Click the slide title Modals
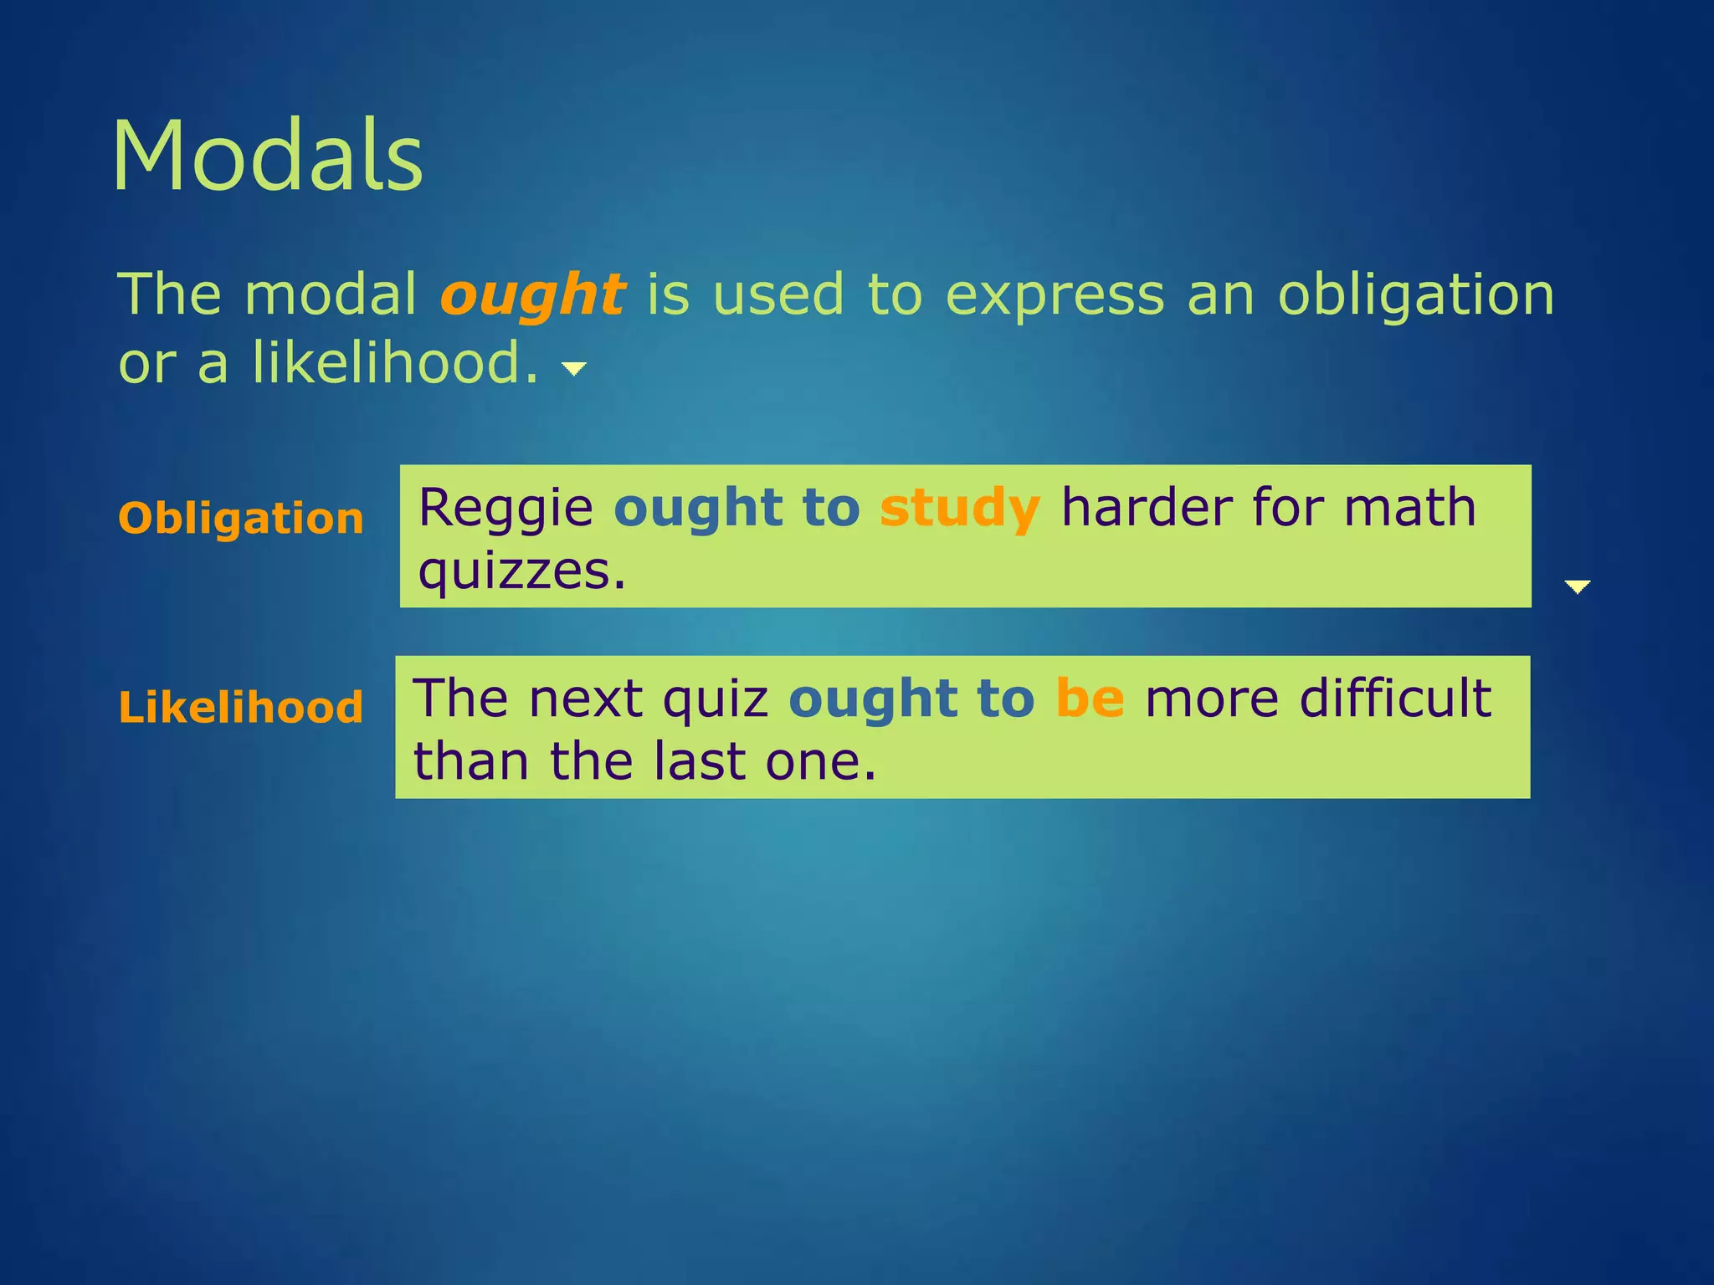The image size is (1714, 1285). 268,157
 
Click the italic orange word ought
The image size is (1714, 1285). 532,296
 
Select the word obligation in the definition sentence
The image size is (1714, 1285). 1415,296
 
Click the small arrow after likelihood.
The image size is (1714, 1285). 574,368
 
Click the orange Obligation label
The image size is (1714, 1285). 241,519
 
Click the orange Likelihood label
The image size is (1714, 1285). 241,708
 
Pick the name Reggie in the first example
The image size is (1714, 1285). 505,509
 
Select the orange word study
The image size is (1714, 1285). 960,509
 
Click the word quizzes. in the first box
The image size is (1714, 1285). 522,573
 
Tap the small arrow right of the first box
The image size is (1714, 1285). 1577,586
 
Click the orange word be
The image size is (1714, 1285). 1090,699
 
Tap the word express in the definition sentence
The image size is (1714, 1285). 1055,296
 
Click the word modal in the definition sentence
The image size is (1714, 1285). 331,296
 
